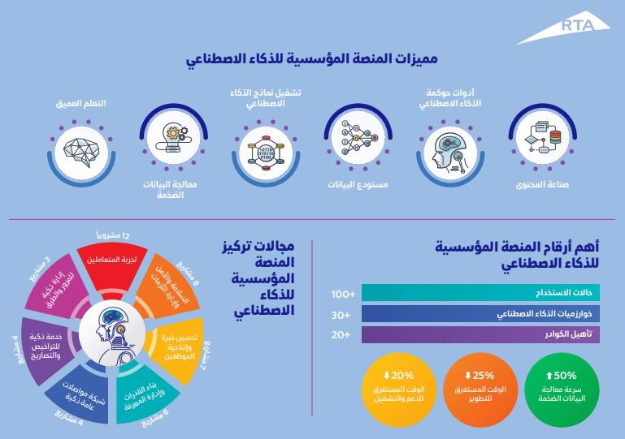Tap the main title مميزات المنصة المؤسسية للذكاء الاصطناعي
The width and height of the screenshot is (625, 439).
click(x=312, y=59)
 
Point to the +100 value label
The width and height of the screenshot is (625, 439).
click(x=342, y=293)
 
